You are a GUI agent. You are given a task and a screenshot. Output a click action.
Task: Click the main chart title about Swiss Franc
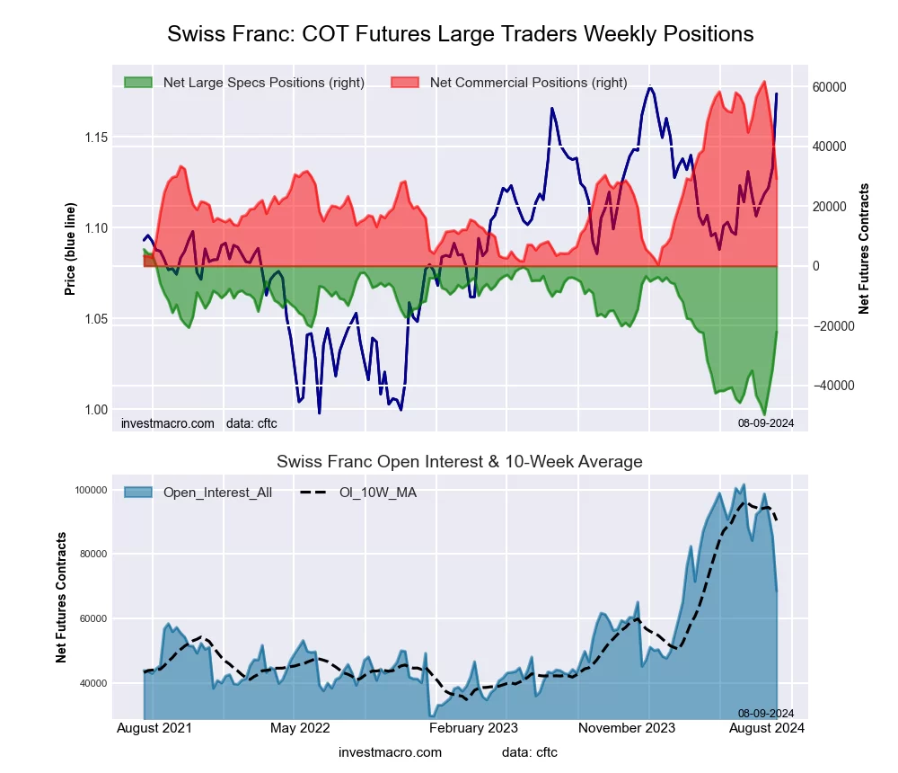pyautogui.click(x=460, y=34)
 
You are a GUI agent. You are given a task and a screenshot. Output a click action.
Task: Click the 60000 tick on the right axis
pyautogui.click(x=831, y=87)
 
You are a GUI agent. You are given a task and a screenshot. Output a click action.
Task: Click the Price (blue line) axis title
pyautogui.click(x=70, y=249)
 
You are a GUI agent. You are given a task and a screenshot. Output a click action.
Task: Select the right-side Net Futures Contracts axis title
pyautogui.click(x=864, y=249)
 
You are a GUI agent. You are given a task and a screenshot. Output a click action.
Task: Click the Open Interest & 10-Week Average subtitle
pyautogui.click(x=459, y=462)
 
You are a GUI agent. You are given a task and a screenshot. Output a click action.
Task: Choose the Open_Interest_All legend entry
pyautogui.click(x=216, y=493)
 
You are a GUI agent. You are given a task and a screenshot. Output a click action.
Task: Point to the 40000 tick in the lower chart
pyautogui.click(x=93, y=684)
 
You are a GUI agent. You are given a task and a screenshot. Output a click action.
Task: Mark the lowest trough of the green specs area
pyautogui.click(x=764, y=413)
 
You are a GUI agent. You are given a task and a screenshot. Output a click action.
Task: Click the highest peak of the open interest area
pyautogui.click(x=743, y=484)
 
